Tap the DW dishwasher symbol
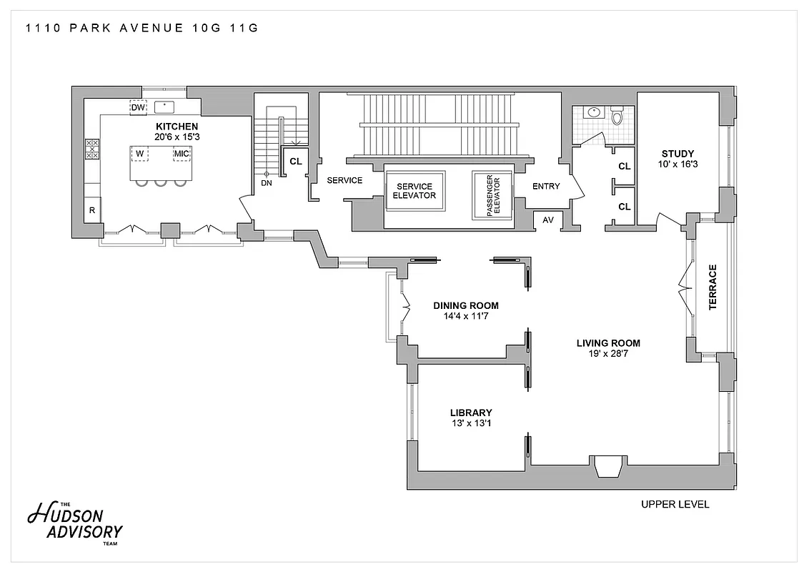click(138, 107)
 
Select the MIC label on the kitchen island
click(182, 154)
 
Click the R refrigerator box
click(92, 210)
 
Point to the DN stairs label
click(267, 183)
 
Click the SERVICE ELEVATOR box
click(415, 191)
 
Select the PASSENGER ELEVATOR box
click(492, 194)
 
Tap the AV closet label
click(548, 220)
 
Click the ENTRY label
click(547, 187)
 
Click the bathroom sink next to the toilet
click(592, 112)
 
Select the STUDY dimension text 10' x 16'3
click(678, 164)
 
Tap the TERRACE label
click(712, 287)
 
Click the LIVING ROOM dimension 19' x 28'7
click(608, 353)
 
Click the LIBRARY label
click(471, 413)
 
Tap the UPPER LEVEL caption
click(675, 505)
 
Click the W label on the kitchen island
click(140, 154)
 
